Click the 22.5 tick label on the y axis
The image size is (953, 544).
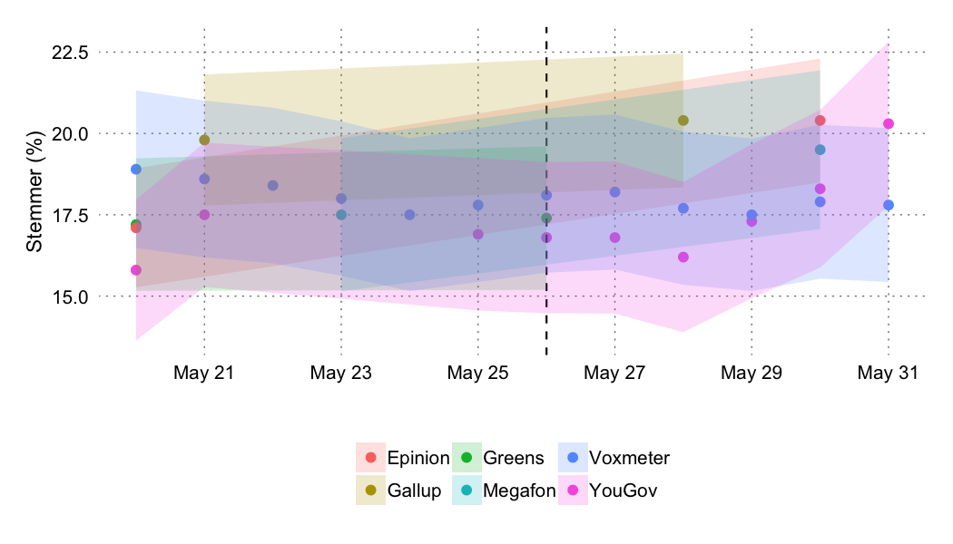[x=69, y=53]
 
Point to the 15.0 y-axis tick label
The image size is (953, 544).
[x=69, y=296]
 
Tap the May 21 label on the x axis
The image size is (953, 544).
[x=204, y=373]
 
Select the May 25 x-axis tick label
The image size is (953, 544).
[x=477, y=373]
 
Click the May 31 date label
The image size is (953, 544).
[x=888, y=373]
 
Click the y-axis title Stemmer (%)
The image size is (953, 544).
[x=34, y=196]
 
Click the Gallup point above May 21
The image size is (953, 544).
[x=204, y=140]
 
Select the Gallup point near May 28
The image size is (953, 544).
[x=683, y=121]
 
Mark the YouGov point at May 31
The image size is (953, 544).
[x=889, y=123]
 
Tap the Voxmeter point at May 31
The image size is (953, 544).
[x=889, y=205]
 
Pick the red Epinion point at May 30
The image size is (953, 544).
[x=820, y=121]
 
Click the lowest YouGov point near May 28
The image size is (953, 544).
[x=683, y=257]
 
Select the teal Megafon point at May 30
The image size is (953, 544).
[x=820, y=150]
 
